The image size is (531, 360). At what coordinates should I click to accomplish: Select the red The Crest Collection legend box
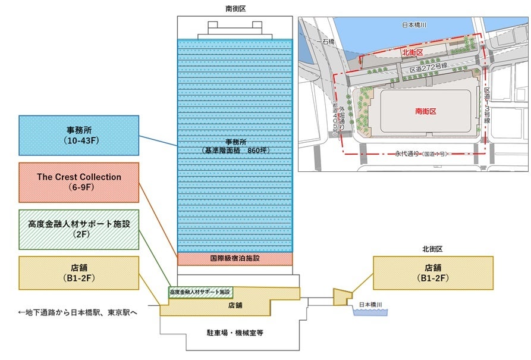[x=79, y=183]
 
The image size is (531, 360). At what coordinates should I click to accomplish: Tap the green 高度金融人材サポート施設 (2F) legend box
[x=79, y=229]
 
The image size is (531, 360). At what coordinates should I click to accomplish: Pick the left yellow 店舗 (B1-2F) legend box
[x=79, y=273]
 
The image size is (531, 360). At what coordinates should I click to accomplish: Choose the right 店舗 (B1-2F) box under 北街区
[x=433, y=273]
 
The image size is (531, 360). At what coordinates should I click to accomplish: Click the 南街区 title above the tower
[x=234, y=8]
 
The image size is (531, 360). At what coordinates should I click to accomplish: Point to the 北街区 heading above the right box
[x=433, y=248]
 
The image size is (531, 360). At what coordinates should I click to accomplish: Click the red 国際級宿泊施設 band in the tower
[x=235, y=259]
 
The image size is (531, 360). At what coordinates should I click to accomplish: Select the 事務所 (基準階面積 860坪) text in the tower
[x=235, y=146]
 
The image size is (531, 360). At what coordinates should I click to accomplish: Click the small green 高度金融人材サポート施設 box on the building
[x=200, y=292]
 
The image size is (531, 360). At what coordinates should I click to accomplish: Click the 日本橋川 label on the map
[x=414, y=26]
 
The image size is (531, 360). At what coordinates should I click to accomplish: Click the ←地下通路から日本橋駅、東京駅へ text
[x=78, y=312]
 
